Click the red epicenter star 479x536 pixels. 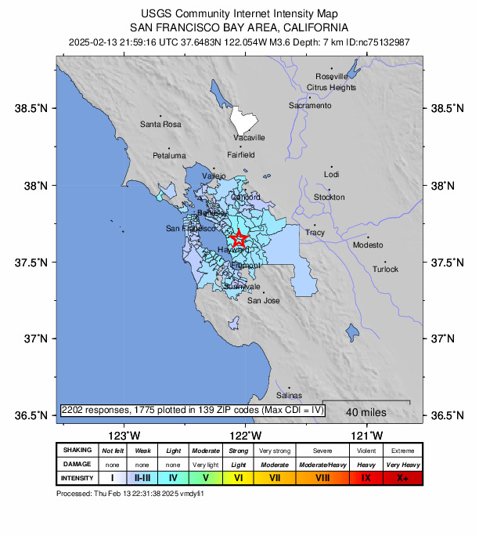tap(239, 239)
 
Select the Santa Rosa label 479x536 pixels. tap(160, 124)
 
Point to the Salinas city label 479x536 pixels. tap(289, 395)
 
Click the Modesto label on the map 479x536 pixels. tap(368, 245)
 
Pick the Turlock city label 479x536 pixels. tap(385, 269)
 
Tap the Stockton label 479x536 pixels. tap(329, 197)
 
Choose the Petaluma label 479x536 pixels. tap(169, 155)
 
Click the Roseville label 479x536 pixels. tap(331, 76)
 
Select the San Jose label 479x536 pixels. tap(263, 300)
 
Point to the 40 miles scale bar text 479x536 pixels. tap(364, 412)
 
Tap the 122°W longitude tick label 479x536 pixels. tap(245, 435)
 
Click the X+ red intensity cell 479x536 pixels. tap(403, 477)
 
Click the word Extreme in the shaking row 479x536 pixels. tap(403, 451)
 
